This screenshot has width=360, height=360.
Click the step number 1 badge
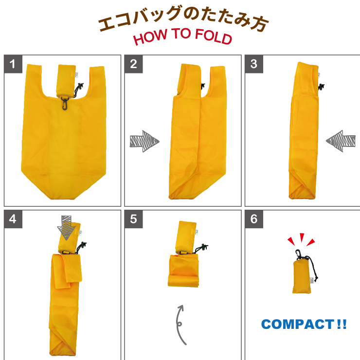pos(13,64)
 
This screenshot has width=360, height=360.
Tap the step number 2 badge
pos(134,64)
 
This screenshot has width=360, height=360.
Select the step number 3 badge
pos(254,64)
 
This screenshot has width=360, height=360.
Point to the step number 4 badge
pos(13,219)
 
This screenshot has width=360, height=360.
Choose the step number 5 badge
pos(134,219)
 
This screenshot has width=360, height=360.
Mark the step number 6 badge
pos(254,219)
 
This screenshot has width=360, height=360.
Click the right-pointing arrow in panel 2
pos(144,141)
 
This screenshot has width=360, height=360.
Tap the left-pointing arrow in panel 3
pos(341,141)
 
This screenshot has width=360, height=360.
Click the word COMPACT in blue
pos(298,324)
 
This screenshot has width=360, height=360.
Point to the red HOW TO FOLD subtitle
pos(182,36)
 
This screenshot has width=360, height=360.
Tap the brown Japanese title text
pos(183,18)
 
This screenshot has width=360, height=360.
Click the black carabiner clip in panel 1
pos(65,103)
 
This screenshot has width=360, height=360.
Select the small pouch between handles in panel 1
pos(66,81)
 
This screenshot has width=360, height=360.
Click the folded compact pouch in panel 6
pos(302,276)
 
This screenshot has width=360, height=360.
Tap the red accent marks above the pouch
pos(301,239)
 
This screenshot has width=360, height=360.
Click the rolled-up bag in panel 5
pos(183,270)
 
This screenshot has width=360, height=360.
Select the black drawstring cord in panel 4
pos(81,247)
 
